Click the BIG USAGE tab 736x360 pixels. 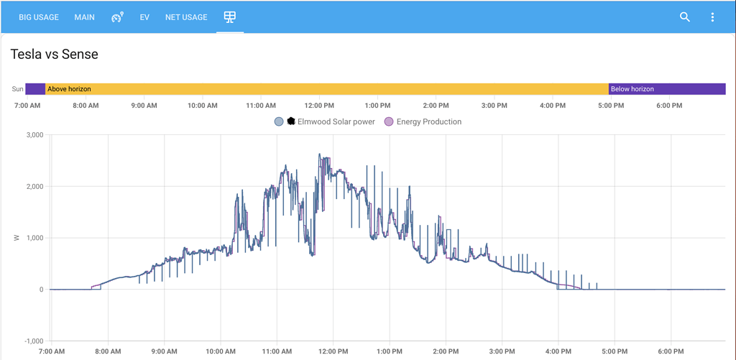[39, 17]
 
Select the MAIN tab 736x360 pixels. [84, 17]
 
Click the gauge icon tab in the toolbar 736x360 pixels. [117, 17]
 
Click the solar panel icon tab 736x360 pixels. [230, 17]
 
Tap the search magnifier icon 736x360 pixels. [685, 17]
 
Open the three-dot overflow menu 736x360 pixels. [712, 17]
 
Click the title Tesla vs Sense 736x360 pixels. [54, 54]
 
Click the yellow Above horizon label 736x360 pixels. [69, 89]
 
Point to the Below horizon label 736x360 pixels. [632, 89]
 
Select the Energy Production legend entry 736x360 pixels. [428, 121]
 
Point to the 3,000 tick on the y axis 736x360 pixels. [34, 135]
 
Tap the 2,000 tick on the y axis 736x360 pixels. [34, 187]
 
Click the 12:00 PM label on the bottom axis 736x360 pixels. [333, 352]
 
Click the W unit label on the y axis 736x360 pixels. [17, 238]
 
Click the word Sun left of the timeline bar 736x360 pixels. [18, 89]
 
